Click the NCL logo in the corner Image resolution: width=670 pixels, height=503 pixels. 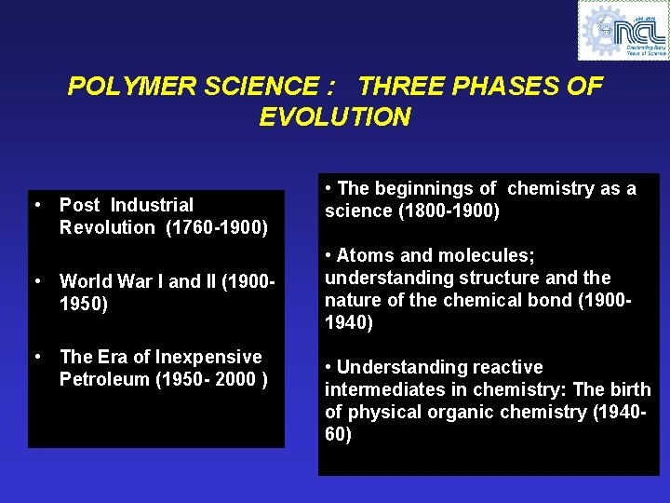point(623,30)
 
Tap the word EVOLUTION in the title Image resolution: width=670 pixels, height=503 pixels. point(335,117)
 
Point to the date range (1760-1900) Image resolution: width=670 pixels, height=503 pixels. point(217,227)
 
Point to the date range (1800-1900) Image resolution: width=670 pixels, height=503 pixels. point(449,211)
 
